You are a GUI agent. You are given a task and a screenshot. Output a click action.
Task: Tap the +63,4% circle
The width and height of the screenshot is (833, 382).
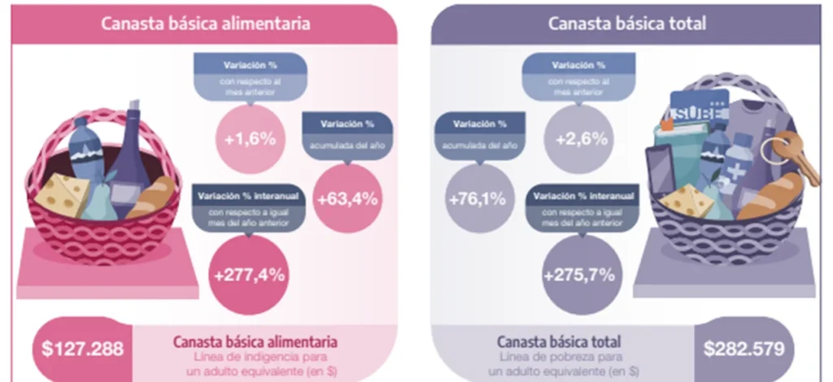click(347, 199)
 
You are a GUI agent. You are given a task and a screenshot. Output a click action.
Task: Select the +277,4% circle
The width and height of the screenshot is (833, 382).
click(249, 274)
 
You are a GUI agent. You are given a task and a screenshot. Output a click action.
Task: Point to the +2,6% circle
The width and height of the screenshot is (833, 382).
click(582, 138)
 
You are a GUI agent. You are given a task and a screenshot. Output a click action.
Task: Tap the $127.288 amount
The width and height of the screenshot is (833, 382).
click(83, 350)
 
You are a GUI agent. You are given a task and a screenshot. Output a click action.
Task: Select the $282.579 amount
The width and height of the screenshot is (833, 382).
click(745, 350)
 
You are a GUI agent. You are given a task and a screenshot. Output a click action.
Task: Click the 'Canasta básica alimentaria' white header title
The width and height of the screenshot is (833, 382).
click(205, 24)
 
